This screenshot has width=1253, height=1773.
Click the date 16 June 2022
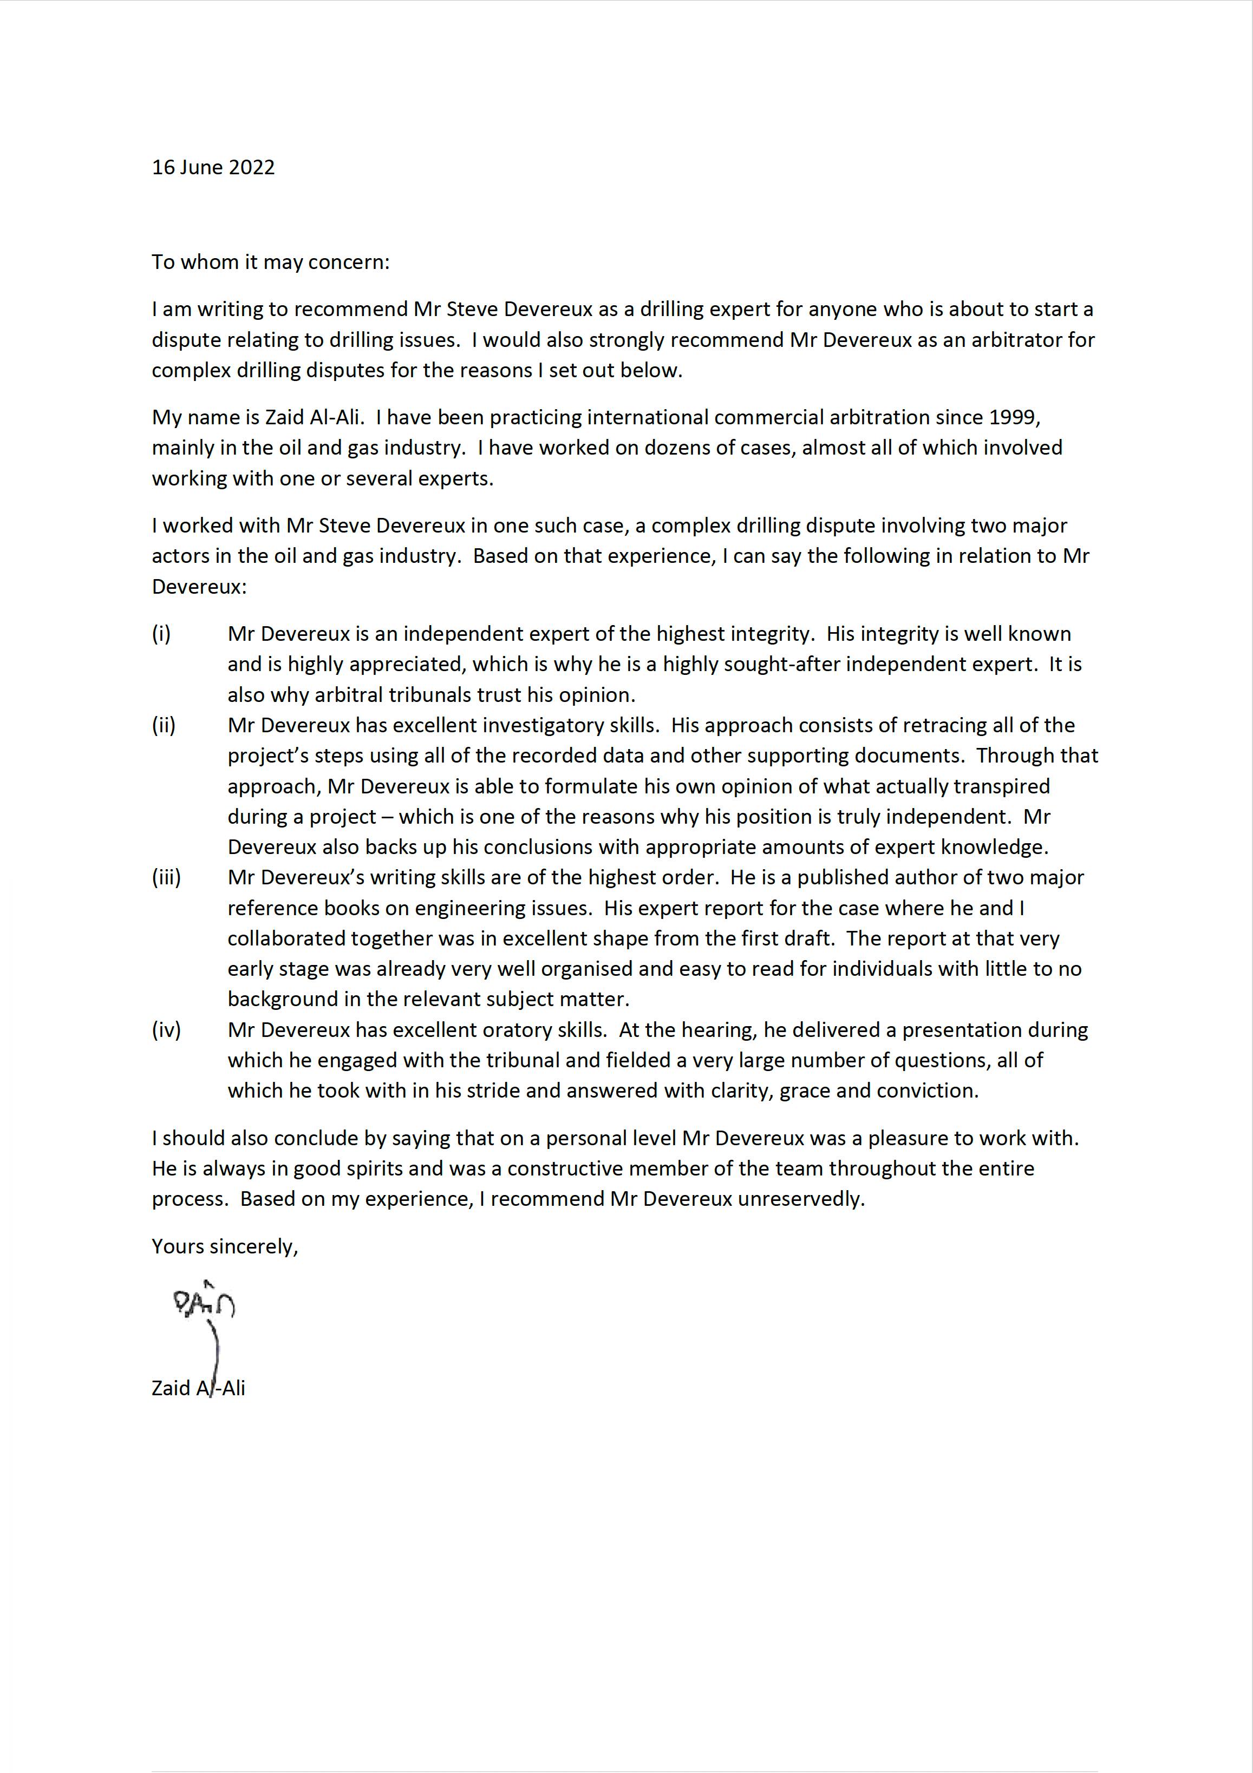click(213, 168)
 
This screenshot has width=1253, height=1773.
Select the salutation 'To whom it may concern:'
click(270, 262)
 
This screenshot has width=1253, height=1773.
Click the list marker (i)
click(161, 634)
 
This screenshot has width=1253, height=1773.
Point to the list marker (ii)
click(163, 725)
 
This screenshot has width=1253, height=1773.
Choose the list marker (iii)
click(166, 877)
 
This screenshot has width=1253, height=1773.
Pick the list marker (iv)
click(166, 1029)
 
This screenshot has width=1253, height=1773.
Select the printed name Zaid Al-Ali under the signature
click(199, 1388)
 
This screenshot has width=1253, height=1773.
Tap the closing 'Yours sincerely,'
click(225, 1246)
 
